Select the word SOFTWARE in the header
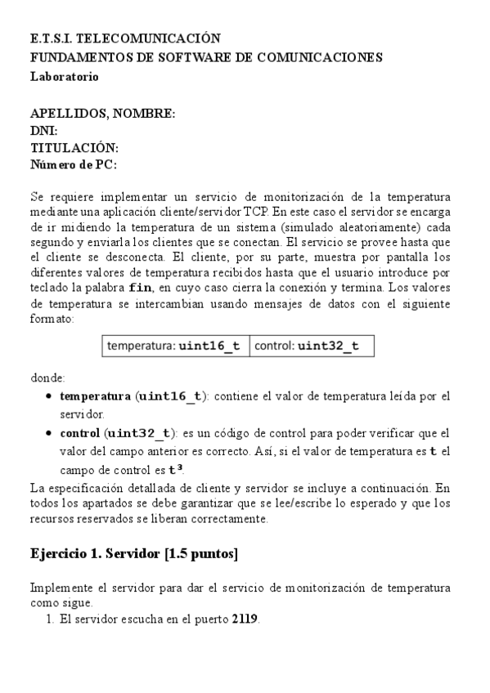(x=204, y=57)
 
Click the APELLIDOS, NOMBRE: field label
(x=102, y=114)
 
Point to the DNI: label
(x=43, y=131)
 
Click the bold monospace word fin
(x=141, y=288)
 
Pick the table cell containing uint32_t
(x=312, y=346)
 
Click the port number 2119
(x=245, y=619)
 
